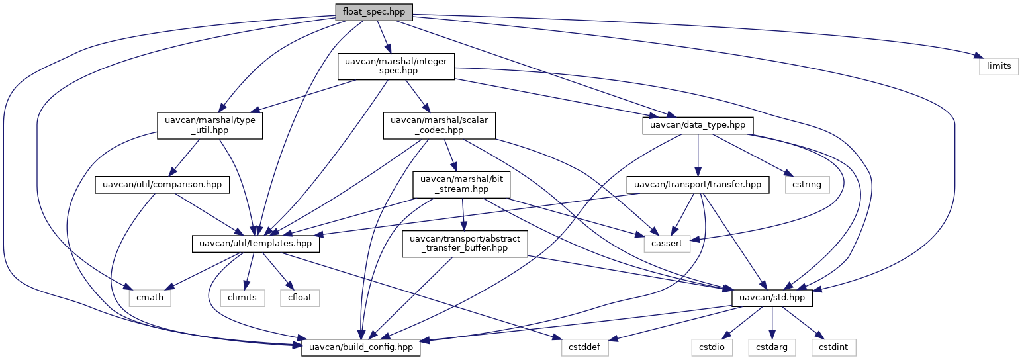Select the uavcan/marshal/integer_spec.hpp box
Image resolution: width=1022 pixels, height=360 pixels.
coord(396,67)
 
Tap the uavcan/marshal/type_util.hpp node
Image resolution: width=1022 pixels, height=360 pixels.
coord(209,125)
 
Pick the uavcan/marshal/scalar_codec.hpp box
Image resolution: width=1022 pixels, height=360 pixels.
coord(440,125)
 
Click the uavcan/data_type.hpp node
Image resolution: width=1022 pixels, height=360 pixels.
coord(698,125)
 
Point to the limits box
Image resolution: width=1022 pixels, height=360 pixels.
coord(998,67)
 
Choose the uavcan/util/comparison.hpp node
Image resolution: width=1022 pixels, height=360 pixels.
coord(162,184)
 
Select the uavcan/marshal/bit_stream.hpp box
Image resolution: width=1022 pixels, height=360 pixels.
coord(461,184)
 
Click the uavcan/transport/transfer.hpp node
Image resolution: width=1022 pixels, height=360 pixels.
coord(698,184)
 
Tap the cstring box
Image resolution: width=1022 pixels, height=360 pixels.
coord(807,184)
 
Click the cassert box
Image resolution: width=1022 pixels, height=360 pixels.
coord(667,244)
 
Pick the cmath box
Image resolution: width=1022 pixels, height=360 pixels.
coord(149,298)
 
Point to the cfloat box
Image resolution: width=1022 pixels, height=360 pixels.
coord(301,298)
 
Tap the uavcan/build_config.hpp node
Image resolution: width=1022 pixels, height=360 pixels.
coord(361,347)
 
